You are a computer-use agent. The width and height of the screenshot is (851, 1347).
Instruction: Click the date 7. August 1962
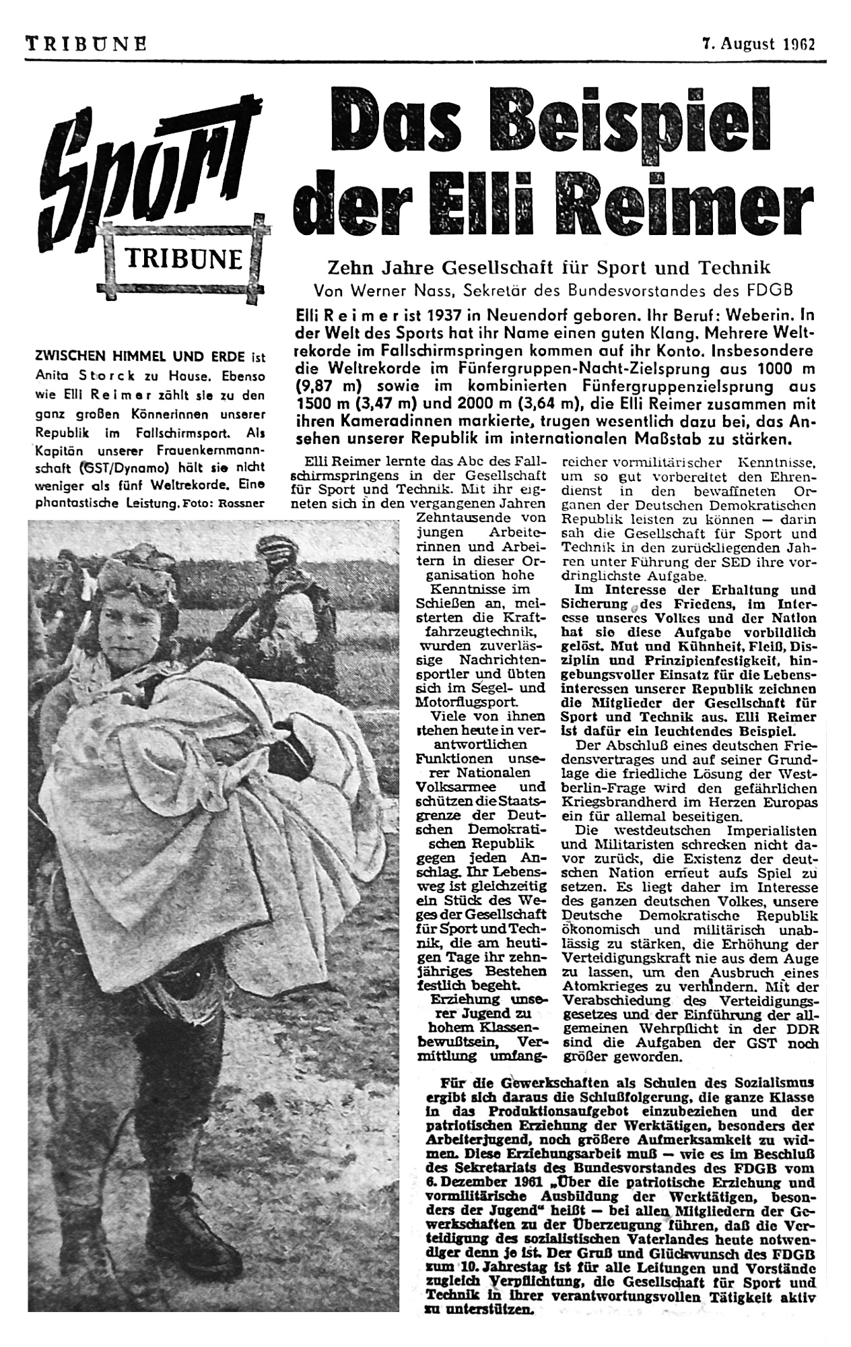coord(757,45)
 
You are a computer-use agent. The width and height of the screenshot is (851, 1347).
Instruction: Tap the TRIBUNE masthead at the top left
coord(86,45)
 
